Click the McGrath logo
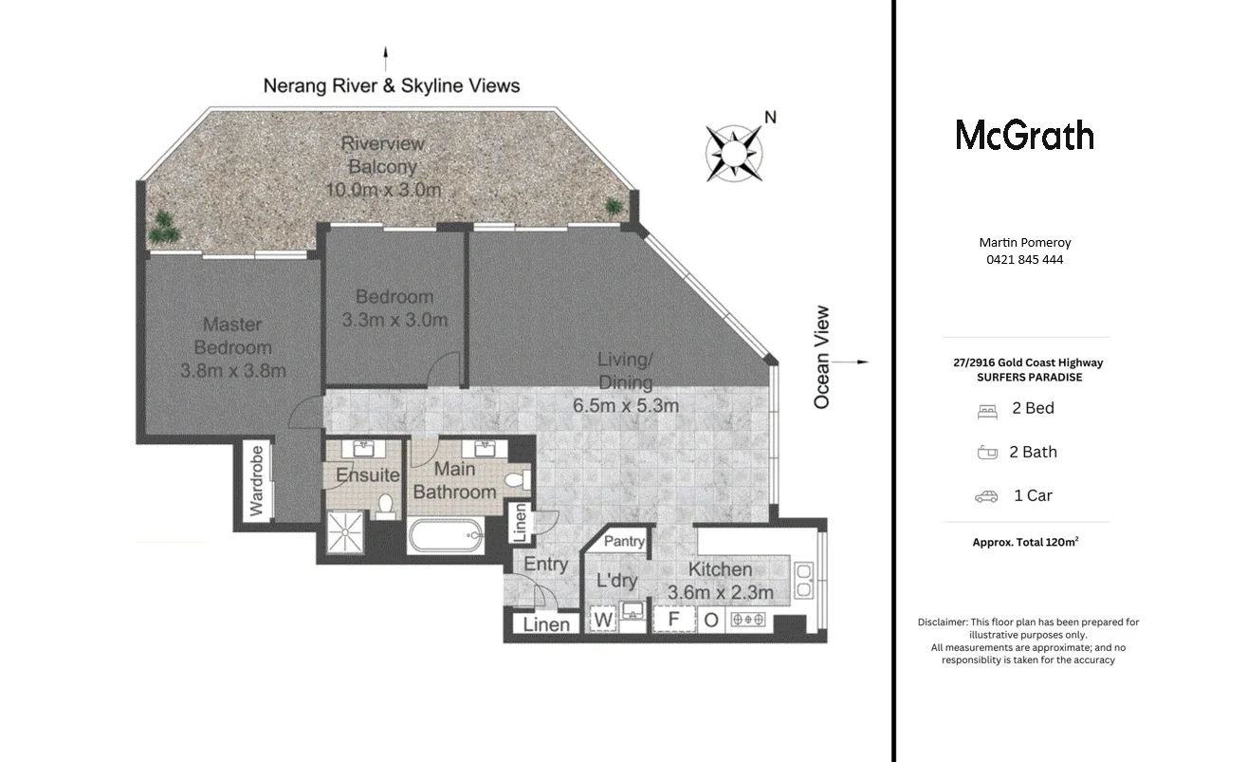click(1024, 135)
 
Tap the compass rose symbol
click(734, 151)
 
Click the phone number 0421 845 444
click(1024, 259)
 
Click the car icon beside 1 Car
click(986, 496)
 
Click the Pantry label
click(624, 542)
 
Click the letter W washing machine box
click(603, 621)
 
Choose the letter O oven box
click(711, 621)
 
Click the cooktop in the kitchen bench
click(748, 621)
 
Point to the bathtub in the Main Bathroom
click(445, 537)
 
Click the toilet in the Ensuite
click(386, 504)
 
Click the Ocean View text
click(821, 357)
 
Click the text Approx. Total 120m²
click(1025, 543)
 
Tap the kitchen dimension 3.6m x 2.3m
click(721, 593)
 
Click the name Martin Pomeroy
click(1024, 243)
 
